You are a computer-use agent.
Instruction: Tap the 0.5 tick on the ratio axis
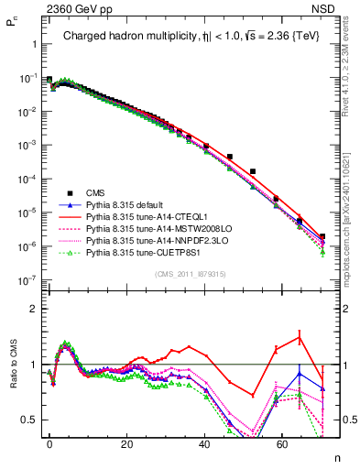point(28,420)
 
